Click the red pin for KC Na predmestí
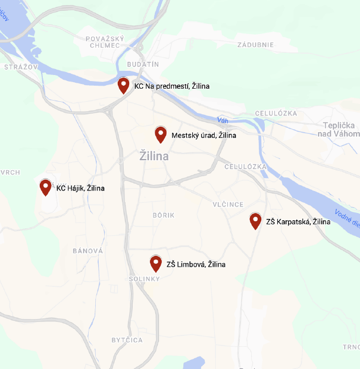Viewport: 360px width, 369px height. [x=123, y=85]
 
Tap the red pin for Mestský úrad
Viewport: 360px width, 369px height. [x=161, y=134]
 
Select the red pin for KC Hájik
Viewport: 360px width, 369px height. [x=45, y=187]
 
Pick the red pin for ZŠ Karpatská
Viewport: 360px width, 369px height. [x=255, y=220]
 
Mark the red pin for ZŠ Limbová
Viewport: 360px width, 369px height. [x=156, y=263]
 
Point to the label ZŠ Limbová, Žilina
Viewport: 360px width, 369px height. [x=196, y=264]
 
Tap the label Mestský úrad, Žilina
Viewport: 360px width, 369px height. [x=204, y=135]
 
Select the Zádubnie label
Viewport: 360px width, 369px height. [x=255, y=45]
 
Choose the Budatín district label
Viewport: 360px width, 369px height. [x=143, y=64]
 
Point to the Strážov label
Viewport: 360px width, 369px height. [x=21, y=67]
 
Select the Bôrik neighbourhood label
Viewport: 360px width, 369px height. [x=163, y=214]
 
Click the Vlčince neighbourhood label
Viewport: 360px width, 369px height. [x=228, y=204]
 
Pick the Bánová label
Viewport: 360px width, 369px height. [x=87, y=251]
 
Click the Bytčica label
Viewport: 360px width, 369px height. [x=127, y=340]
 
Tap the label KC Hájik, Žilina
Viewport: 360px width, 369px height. [x=80, y=188]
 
